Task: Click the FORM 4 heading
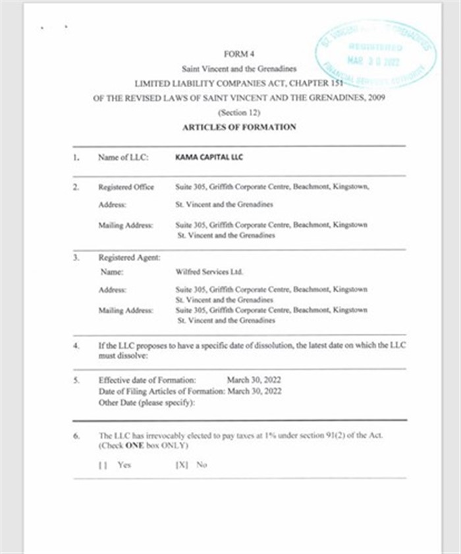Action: coord(239,54)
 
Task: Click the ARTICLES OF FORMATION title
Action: coord(239,127)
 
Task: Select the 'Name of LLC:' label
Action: coord(124,158)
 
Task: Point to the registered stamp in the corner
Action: coord(375,55)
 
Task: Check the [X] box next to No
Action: coord(182,464)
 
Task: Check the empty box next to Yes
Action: coord(103,464)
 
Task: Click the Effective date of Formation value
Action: coord(254,381)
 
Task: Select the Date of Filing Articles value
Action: coord(254,391)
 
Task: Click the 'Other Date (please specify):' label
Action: coord(146,402)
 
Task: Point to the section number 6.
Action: coord(76,436)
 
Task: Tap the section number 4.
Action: coord(76,345)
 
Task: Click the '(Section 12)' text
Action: coord(239,113)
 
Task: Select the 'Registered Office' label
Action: coord(126,187)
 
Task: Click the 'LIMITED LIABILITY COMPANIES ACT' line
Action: coord(239,84)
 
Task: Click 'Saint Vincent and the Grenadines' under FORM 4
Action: coord(239,69)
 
